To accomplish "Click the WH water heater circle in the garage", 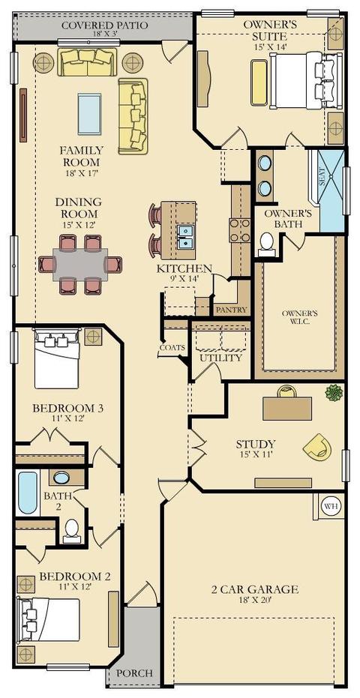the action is pyautogui.click(x=331, y=506).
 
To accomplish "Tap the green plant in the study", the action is pyautogui.click(x=334, y=393).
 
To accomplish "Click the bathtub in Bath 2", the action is pyautogui.click(x=28, y=493).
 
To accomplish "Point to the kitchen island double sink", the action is pyautogui.click(x=184, y=236).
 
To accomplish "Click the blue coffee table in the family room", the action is pyautogui.click(x=89, y=113).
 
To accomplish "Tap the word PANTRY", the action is pyautogui.click(x=231, y=310).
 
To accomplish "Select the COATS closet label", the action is pyautogui.click(x=172, y=348).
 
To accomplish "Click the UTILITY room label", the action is pyautogui.click(x=221, y=358).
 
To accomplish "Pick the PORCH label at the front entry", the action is pyautogui.click(x=134, y=673).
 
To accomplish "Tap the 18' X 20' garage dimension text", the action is pyautogui.click(x=254, y=600).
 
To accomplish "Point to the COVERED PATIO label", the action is pyautogui.click(x=104, y=25).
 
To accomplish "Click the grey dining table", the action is pyautogui.click(x=80, y=265).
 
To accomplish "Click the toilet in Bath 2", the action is pyautogui.click(x=72, y=531).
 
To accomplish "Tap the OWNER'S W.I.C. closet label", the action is pyautogui.click(x=299, y=317).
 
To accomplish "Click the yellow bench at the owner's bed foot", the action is pyautogui.click(x=259, y=82).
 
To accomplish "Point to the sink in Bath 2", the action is pyautogui.click(x=61, y=478).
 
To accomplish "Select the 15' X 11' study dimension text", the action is pyautogui.click(x=255, y=454).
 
